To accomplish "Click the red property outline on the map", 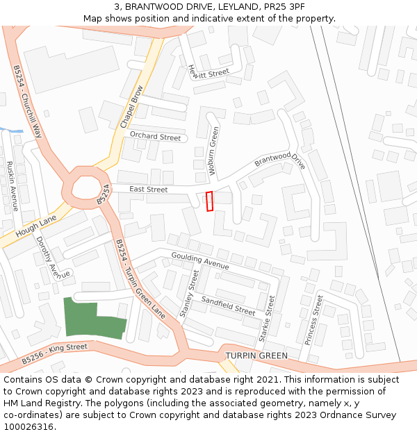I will coord(210,201).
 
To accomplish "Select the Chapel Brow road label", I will coord(131,107).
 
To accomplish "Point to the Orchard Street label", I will coord(155,137).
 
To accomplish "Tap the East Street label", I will coord(149,189).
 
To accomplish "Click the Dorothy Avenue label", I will coord(53,258).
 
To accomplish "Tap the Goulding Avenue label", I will coord(200,261).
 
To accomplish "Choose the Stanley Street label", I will coord(189,295).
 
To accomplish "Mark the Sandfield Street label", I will coord(228,306).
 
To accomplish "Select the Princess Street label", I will coord(313,319).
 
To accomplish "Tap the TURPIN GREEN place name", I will coord(256,356).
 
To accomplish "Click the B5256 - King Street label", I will coord(55,353).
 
